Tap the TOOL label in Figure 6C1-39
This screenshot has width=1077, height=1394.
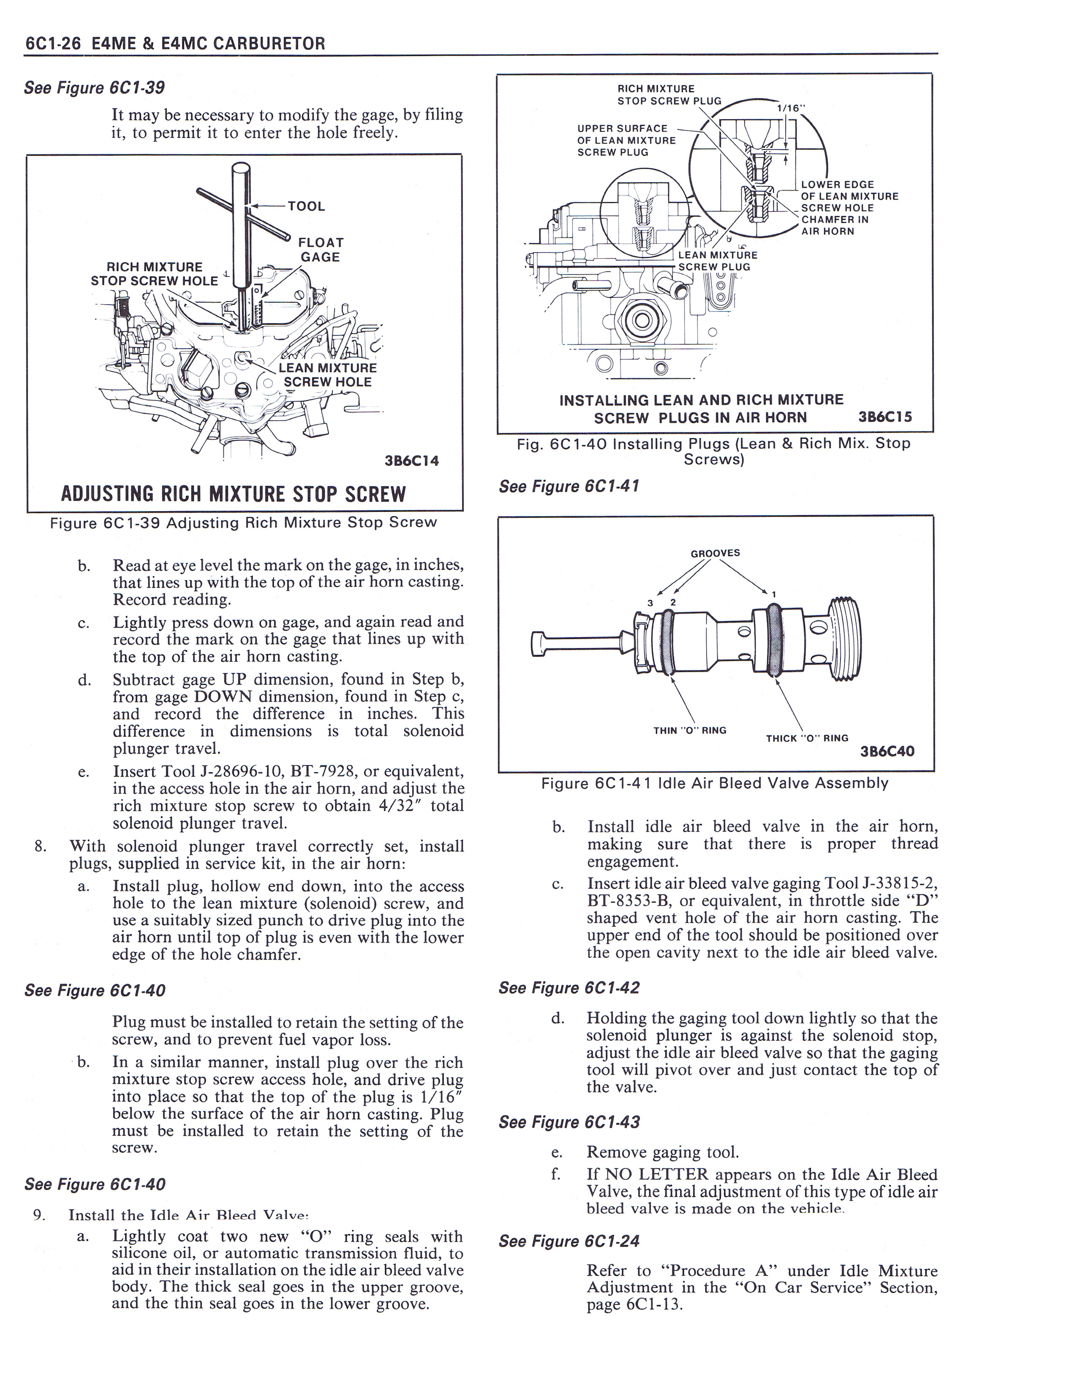pyautogui.click(x=306, y=206)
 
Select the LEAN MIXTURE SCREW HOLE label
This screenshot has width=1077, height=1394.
pyautogui.click(x=327, y=375)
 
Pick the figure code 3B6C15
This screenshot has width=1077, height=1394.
pyautogui.click(x=885, y=417)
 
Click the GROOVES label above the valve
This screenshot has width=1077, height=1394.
pyautogui.click(x=715, y=553)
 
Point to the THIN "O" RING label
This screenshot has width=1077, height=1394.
pyautogui.click(x=690, y=730)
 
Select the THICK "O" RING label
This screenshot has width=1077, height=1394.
pyautogui.click(x=807, y=738)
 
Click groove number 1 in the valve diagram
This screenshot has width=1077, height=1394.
pyautogui.click(x=773, y=595)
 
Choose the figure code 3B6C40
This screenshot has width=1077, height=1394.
pyautogui.click(x=887, y=751)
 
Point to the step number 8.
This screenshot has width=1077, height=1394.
pyautogui.click(x=40, y=847)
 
